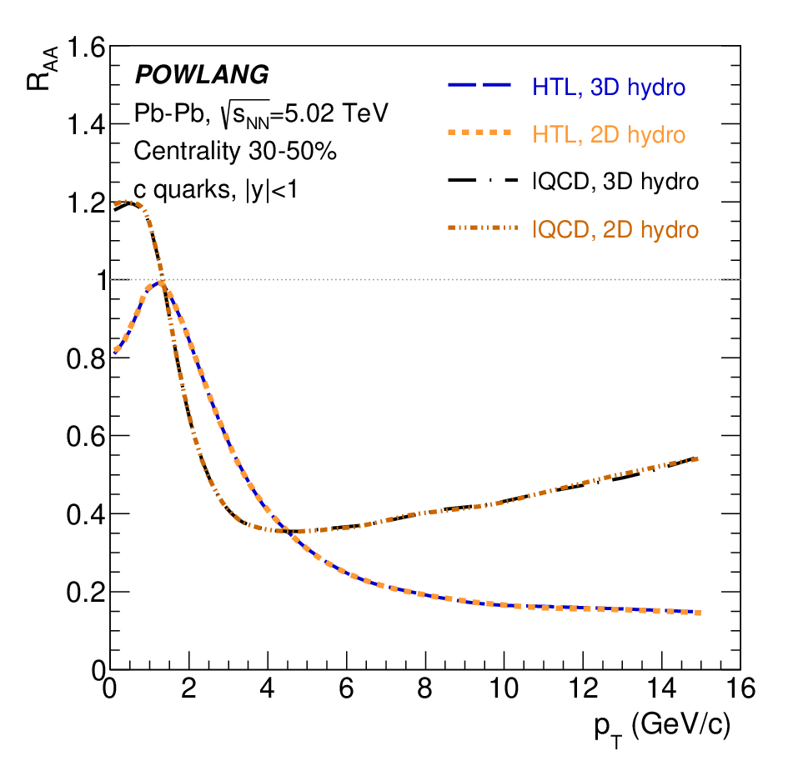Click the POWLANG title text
(202, 74)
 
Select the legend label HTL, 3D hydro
(609, 88)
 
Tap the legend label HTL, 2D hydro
(609, 135)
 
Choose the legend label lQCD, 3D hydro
(615, 182)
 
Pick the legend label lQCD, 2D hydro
(615, 229)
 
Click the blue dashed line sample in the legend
(479, 85)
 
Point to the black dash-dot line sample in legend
(483, 180)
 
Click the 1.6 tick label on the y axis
(86, 48)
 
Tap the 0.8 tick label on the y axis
(86, 359)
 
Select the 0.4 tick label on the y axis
(86, 515)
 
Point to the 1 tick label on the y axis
(102, 280)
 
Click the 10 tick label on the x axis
(504, 688)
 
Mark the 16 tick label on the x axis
(740, 688)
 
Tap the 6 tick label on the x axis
(346, 688)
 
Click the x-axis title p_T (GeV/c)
(662, 728)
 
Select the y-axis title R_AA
(43, 69)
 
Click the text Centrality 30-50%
(234, 151)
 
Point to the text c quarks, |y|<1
(216, 190)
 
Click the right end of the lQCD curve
(697, 458)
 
